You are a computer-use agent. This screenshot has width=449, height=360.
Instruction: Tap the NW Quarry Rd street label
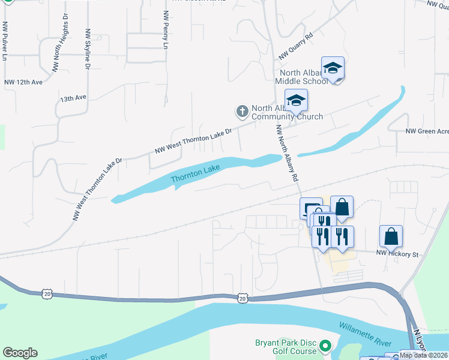click(297, 46)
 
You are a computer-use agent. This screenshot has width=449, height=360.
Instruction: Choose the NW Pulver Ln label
click(5, 42)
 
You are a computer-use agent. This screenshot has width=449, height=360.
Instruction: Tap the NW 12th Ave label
click(23, 82)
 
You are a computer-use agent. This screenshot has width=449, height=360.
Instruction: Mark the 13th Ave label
click(73, 97)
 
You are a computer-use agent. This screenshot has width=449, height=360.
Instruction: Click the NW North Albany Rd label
click(287, 154)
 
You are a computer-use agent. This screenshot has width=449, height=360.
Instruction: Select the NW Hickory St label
click(397, 254)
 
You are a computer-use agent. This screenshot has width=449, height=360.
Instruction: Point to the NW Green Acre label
click(427, 131)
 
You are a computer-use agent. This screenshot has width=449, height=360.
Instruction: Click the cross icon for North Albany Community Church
click(242, 111)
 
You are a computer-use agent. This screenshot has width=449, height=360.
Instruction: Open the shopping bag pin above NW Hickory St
click(391, 238)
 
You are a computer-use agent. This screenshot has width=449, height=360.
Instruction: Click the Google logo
click(20, 353)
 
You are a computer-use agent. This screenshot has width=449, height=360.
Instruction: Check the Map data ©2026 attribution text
click(424, 355)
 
